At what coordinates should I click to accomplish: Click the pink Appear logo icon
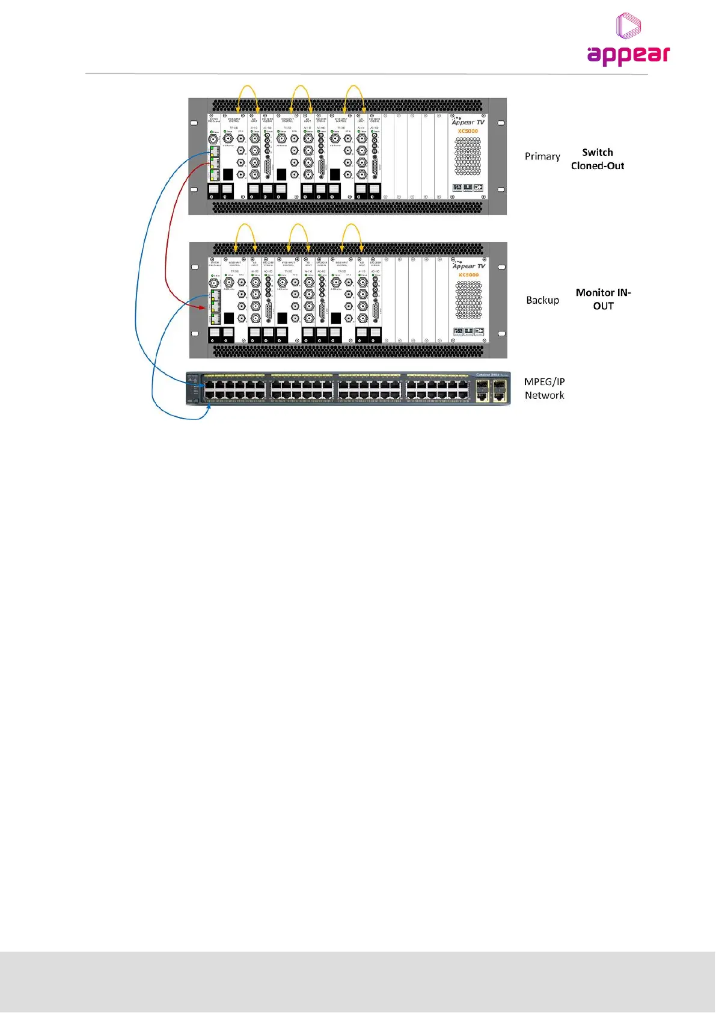pos(628,26)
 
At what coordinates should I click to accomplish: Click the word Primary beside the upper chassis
pos(542,156)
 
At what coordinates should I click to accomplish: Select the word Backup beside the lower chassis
pos(542,300)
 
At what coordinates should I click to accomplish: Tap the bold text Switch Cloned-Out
pos(598,159)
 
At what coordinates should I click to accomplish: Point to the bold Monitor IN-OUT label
pos(603,299)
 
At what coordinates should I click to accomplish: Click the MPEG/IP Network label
pos(544,389)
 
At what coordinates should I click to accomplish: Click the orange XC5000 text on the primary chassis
pos(468,131)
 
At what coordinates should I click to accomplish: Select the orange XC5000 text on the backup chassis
pos(468,275)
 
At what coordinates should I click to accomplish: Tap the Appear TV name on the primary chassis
pos(468,122)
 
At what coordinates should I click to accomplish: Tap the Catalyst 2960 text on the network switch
pos(488,375)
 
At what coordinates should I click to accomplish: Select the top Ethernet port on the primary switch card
pos(213,150)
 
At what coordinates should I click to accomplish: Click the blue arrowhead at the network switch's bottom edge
pos(209,407)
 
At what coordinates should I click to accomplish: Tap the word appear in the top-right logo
pos(628,55)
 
